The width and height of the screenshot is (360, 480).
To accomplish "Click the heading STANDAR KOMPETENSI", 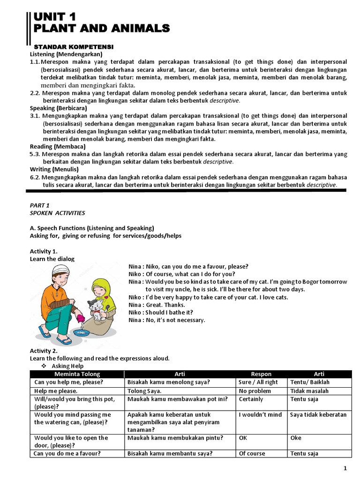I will click(74, 47).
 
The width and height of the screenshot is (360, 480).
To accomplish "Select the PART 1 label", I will click(39, 205).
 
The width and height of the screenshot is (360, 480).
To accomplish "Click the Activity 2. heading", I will click(44, 351).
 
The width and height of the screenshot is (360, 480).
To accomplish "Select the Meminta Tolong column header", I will click(76, 374).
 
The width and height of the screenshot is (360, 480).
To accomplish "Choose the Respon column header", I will click(261, 374).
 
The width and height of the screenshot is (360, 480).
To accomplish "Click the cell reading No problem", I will click(255, 391).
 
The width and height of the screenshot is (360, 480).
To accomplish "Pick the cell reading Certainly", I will click(251, 399).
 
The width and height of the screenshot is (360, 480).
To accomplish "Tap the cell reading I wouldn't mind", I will click(260, 415).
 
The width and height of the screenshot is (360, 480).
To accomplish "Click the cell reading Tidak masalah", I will click(309, 391).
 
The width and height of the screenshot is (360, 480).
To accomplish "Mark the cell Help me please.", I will click(56, 391).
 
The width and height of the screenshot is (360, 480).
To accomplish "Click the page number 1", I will click(345, 469).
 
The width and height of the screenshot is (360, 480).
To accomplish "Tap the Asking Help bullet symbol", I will click(44, 366).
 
